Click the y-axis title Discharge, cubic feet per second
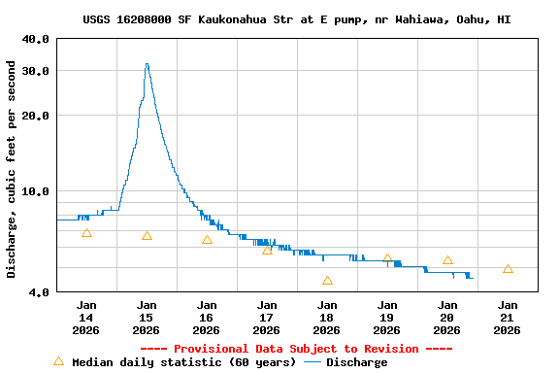tap(12, 169)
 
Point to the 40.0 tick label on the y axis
tap(36, 40)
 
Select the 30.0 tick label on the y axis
tap(36, 71)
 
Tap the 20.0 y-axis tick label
tap(36, 116)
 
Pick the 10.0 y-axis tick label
tap(36, 191)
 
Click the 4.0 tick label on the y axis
tap(40, 292)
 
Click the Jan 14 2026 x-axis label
tap(86, 317)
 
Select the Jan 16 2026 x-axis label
tap(207, 317)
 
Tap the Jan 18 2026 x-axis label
tap(327, 317)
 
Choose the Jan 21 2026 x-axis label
tap(508, 317)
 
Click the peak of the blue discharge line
tap(147, 64)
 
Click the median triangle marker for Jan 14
tap(86, 233)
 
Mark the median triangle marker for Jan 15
tap(147, 236)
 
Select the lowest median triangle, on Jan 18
tap(327, 281)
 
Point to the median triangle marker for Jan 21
tap(508, 269)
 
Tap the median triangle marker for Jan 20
tap(447, 260)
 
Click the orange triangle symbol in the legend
tap(58, 361)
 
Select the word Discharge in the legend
tap(356, 362)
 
